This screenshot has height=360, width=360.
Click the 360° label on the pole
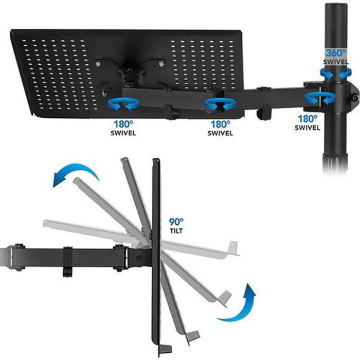coord(336,53)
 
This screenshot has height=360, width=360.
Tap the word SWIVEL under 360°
coord(336,62)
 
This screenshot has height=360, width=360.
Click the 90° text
coord(176,222)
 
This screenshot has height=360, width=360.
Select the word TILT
coord(176,231)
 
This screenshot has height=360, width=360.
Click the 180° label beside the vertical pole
coord(308,119)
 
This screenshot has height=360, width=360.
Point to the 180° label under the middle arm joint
coord(221,124)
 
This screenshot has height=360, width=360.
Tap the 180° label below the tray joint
coord(123,124)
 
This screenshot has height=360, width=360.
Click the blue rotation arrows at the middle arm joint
coord(221,104)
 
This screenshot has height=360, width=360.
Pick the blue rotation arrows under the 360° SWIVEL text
coord(336,74)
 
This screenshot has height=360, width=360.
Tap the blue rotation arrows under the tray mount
coord(123,104)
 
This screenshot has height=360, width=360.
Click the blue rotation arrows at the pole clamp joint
coord(320,98)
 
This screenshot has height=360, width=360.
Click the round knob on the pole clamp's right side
coord(356,98)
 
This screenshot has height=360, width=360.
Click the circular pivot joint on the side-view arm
coord(138,258)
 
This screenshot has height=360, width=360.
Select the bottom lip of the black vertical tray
coord(165,349)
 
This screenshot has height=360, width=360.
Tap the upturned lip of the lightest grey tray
coord(233,248)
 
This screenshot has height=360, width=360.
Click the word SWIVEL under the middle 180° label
coord(221,133)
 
